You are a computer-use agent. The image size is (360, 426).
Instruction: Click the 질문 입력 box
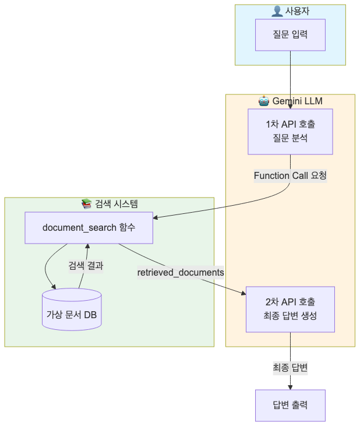coord(290,34)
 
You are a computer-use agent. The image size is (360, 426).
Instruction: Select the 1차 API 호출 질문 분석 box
coord(290,132)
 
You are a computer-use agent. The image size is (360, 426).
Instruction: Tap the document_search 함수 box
coord(89,227)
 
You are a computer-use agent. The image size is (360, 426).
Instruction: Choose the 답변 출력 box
coord(290,405)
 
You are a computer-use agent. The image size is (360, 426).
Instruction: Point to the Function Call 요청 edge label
coord(290,175)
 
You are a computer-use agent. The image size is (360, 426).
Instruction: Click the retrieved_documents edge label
coord(181,272)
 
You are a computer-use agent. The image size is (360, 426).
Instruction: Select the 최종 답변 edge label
coord(290,368)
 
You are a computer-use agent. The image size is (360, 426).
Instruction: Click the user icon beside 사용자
coord(277,12)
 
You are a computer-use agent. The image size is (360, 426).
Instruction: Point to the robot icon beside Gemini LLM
coord(263,101)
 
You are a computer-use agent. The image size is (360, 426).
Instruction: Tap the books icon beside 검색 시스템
coord(87,204)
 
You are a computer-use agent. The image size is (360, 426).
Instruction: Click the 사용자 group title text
coord(297,12)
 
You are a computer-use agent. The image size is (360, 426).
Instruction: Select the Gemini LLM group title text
coord(297,101)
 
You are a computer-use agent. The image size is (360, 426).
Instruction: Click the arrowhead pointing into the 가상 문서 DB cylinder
coord(54,287)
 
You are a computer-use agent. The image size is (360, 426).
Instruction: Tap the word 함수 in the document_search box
coord(126,227)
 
